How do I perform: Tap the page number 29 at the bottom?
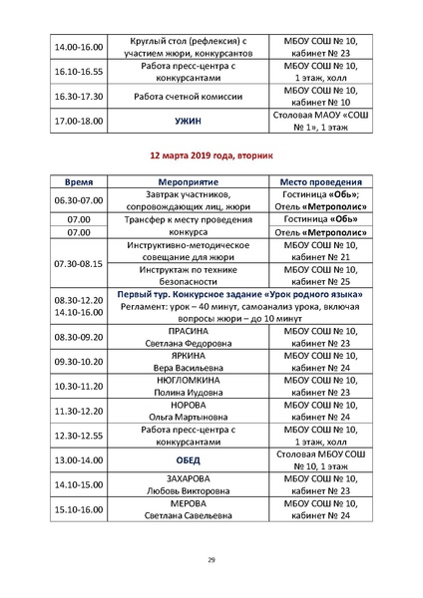211,559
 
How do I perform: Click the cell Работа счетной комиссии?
188,97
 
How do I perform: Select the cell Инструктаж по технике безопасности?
188,276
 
